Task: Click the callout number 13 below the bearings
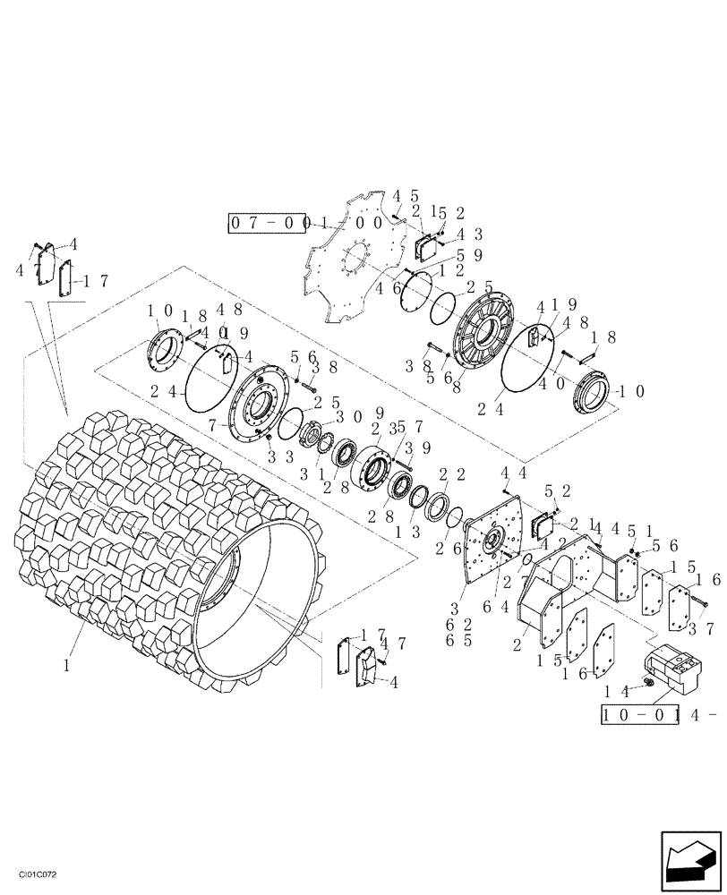coord(403,531)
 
